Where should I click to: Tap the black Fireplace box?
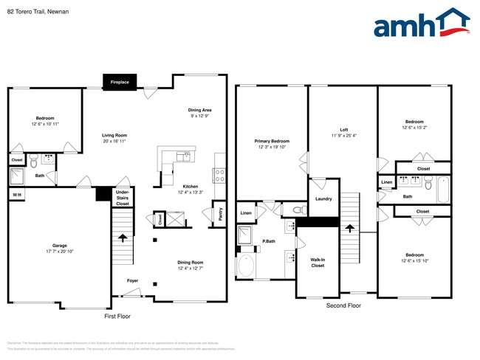(120, 82)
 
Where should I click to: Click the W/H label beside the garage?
(16, 195)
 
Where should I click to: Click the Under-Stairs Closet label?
(122, 198)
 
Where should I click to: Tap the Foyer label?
(132, 280)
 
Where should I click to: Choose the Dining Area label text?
(199, 110)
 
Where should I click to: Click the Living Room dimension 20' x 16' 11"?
(114, 142)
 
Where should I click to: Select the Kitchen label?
(190, 187)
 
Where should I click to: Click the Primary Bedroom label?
(272, 141)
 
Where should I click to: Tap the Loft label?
(343, 130)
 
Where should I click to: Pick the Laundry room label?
(323, 198)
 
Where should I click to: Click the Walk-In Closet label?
(318, 262)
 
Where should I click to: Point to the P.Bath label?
(270, 241)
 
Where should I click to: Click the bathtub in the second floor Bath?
(442, 189)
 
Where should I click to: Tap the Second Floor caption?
(343, 305)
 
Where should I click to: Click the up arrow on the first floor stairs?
(123, 238)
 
